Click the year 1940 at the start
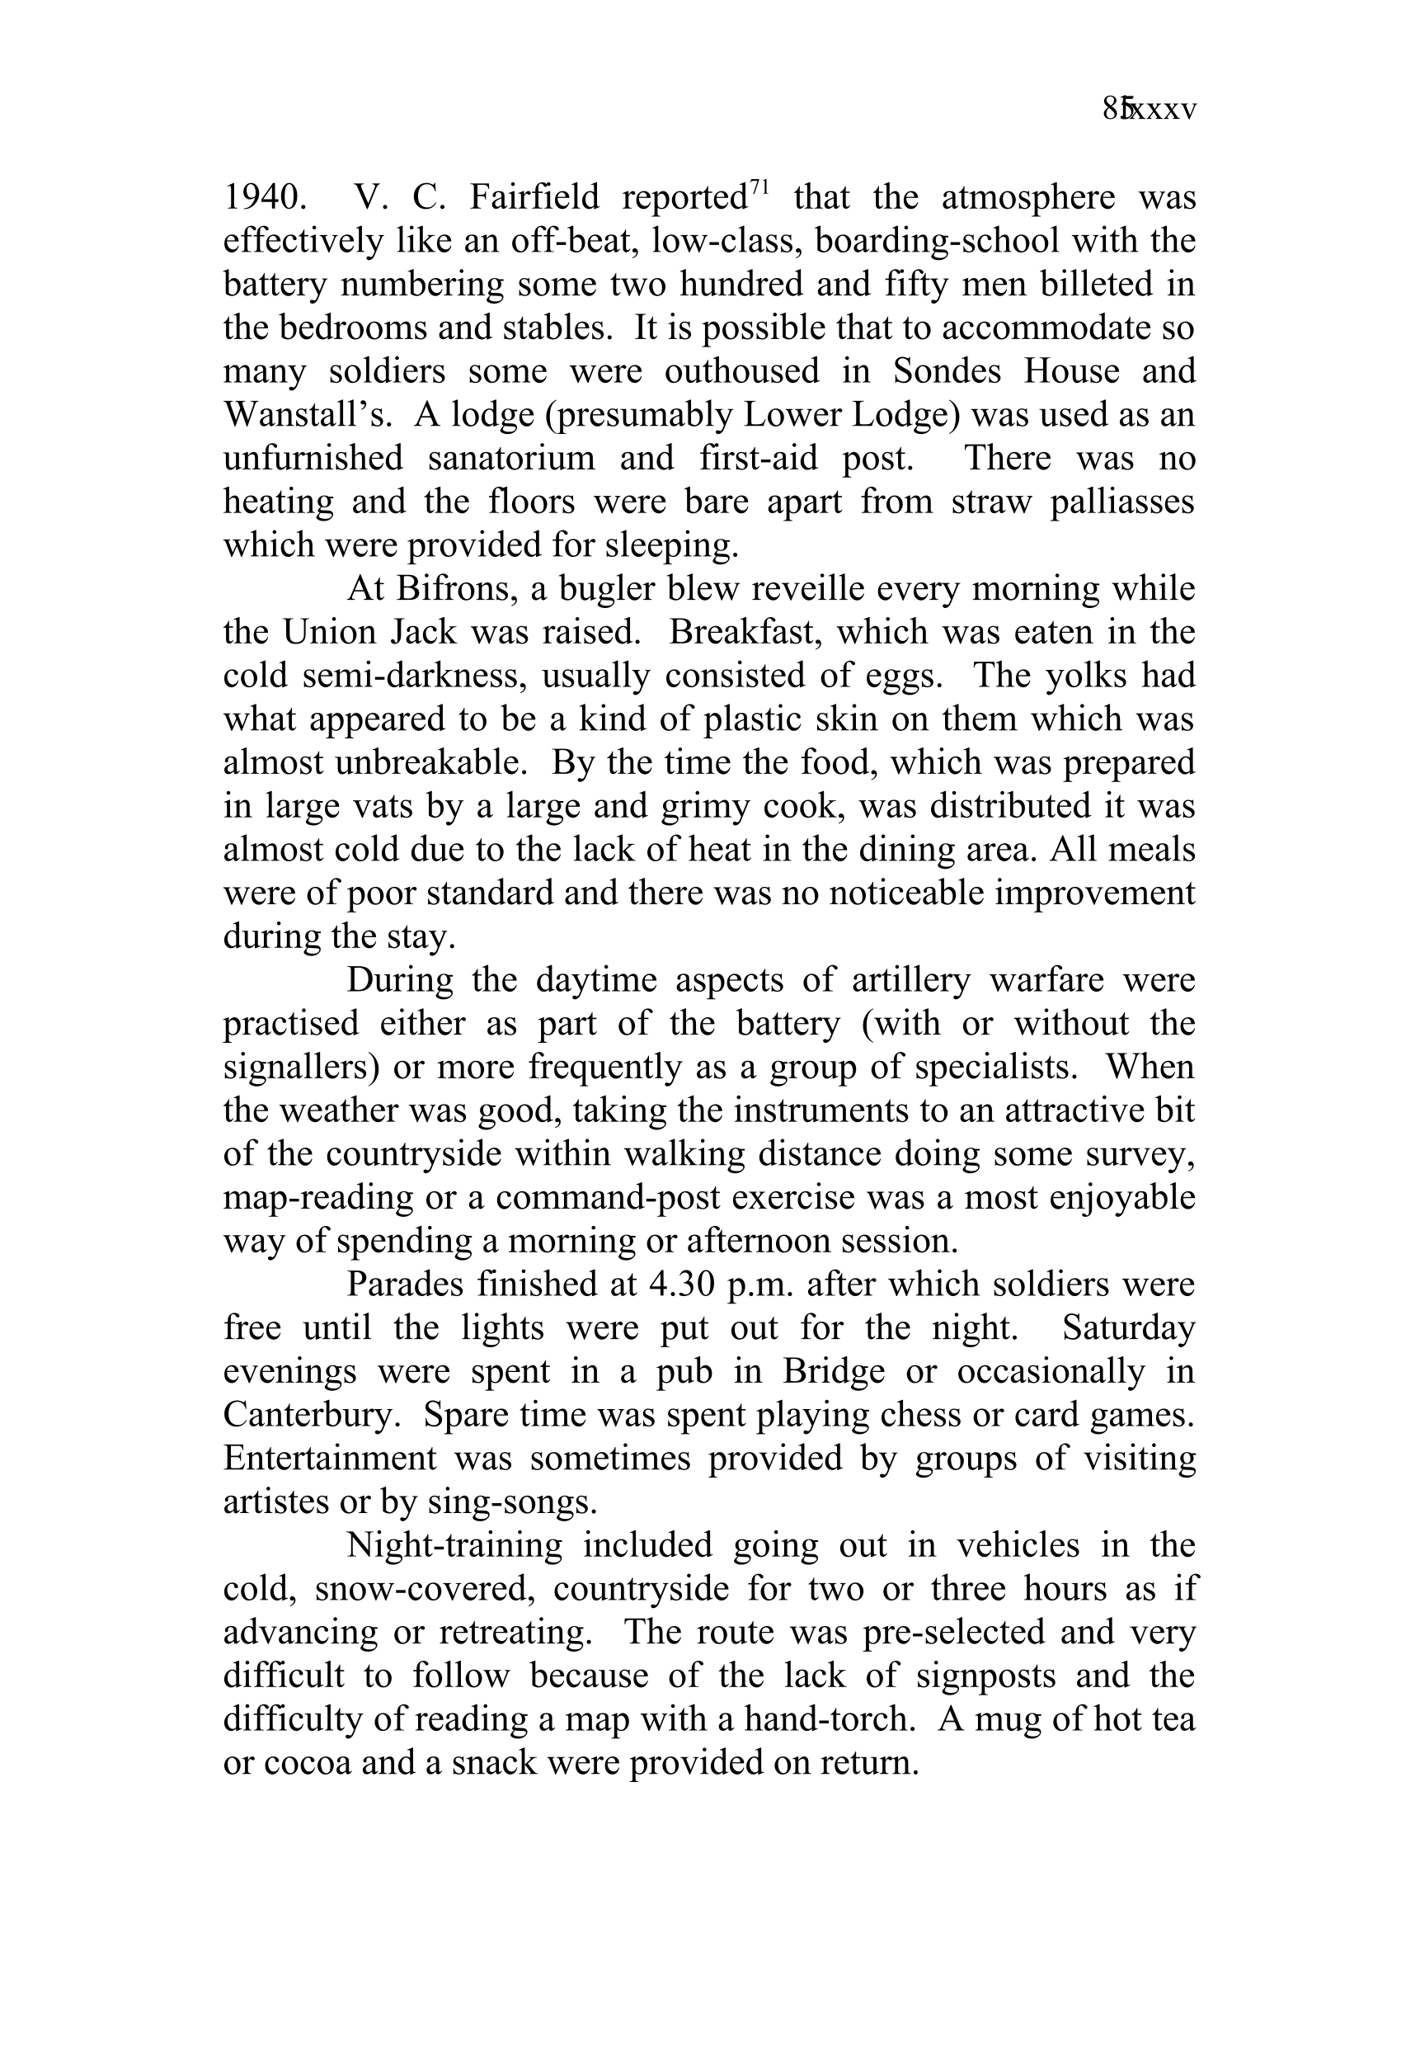coord(264,197)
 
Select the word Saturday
coord(1128,1327)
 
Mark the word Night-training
coord(454,1545)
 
